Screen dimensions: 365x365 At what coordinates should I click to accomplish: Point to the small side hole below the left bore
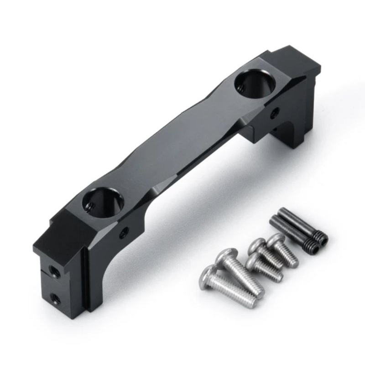click(123, 232)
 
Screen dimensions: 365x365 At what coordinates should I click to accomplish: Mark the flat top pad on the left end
click(68, 228)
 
